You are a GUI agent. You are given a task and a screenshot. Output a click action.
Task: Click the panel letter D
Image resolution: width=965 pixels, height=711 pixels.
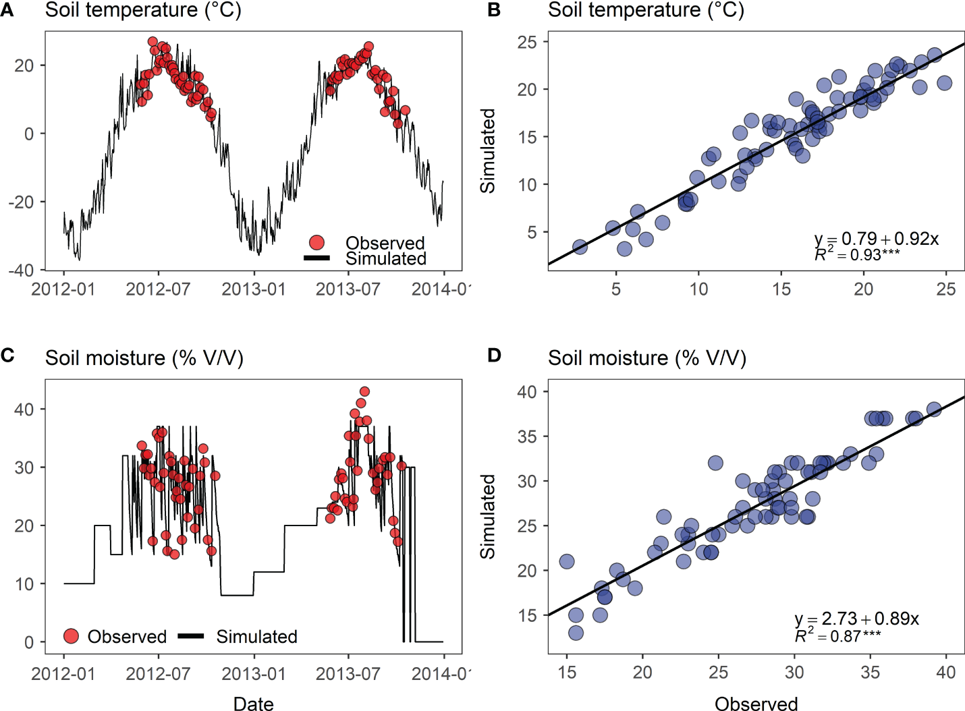pos(494,355)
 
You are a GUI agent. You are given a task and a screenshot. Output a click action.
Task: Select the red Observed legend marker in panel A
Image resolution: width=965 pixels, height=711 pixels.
pos(316,242)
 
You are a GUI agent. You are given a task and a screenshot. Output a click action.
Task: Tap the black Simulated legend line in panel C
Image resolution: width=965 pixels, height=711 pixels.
pos(191,636)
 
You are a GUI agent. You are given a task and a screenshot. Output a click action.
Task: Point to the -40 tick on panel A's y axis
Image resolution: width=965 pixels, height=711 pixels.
pos(21,270)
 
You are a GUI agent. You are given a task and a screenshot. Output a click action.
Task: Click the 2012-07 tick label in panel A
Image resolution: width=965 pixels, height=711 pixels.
pos(158,289)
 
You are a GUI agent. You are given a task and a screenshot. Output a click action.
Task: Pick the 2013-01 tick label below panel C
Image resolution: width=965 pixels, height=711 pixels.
pos(254,673)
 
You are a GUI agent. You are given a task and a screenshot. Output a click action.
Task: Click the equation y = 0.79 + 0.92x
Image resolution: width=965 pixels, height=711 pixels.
pos(876,239)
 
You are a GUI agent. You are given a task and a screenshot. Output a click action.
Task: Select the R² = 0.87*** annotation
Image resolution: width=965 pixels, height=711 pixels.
pos(837,635)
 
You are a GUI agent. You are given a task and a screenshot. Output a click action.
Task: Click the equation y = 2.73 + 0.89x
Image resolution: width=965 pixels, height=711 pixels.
pos(856,619)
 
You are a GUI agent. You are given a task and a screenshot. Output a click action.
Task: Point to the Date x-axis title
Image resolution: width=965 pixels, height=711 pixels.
pos(253,704)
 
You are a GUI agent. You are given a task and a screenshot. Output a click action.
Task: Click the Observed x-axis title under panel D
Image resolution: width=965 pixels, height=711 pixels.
pos(756,704)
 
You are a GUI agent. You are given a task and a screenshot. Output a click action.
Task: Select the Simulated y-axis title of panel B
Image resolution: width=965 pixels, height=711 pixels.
pos(487,151)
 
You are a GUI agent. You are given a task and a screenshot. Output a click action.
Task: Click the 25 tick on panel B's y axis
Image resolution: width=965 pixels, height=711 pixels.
pos(527,42)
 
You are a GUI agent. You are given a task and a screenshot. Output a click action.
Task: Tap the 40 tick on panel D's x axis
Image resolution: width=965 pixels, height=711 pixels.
pos(945,672)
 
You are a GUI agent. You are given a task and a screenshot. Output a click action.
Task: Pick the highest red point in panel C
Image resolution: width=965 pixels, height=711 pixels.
pos(364,391)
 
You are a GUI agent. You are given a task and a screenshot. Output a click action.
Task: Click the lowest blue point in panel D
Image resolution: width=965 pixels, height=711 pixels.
pos(576,633)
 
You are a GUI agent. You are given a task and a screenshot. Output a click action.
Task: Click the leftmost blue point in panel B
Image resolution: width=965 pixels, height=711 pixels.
pos(580,247)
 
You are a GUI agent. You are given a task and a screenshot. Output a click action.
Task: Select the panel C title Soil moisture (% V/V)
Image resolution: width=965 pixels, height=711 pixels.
pos(144,358)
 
